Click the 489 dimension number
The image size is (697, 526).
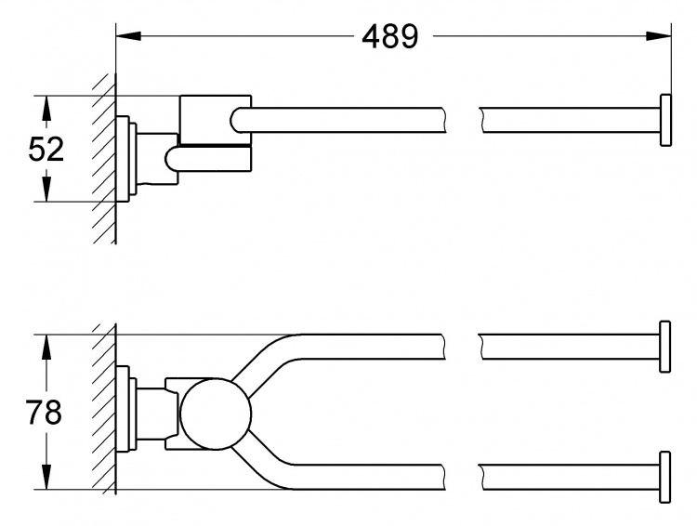(x=389, y=36)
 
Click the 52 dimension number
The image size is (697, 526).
(x=46, y=149)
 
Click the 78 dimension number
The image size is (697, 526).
(x=44, y=413)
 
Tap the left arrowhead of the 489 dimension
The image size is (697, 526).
(x=128, y=36)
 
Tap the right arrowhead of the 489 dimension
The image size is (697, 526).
(x=658, y=36)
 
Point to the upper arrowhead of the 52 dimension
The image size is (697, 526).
(x=46, y=108)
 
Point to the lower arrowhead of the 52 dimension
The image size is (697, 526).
(x=46, y=189)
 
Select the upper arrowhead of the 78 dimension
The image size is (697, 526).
(x=46, y=348)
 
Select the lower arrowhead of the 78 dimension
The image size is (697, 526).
(x=46, y=477)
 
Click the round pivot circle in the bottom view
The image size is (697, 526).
(x=216, y=414)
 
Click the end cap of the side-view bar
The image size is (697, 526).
(x=665, y=120)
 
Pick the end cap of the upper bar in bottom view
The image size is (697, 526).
(x=665, y=347)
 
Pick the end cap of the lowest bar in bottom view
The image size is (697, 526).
(x=665, y=478)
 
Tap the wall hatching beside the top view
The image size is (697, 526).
(x=105, y=158)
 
